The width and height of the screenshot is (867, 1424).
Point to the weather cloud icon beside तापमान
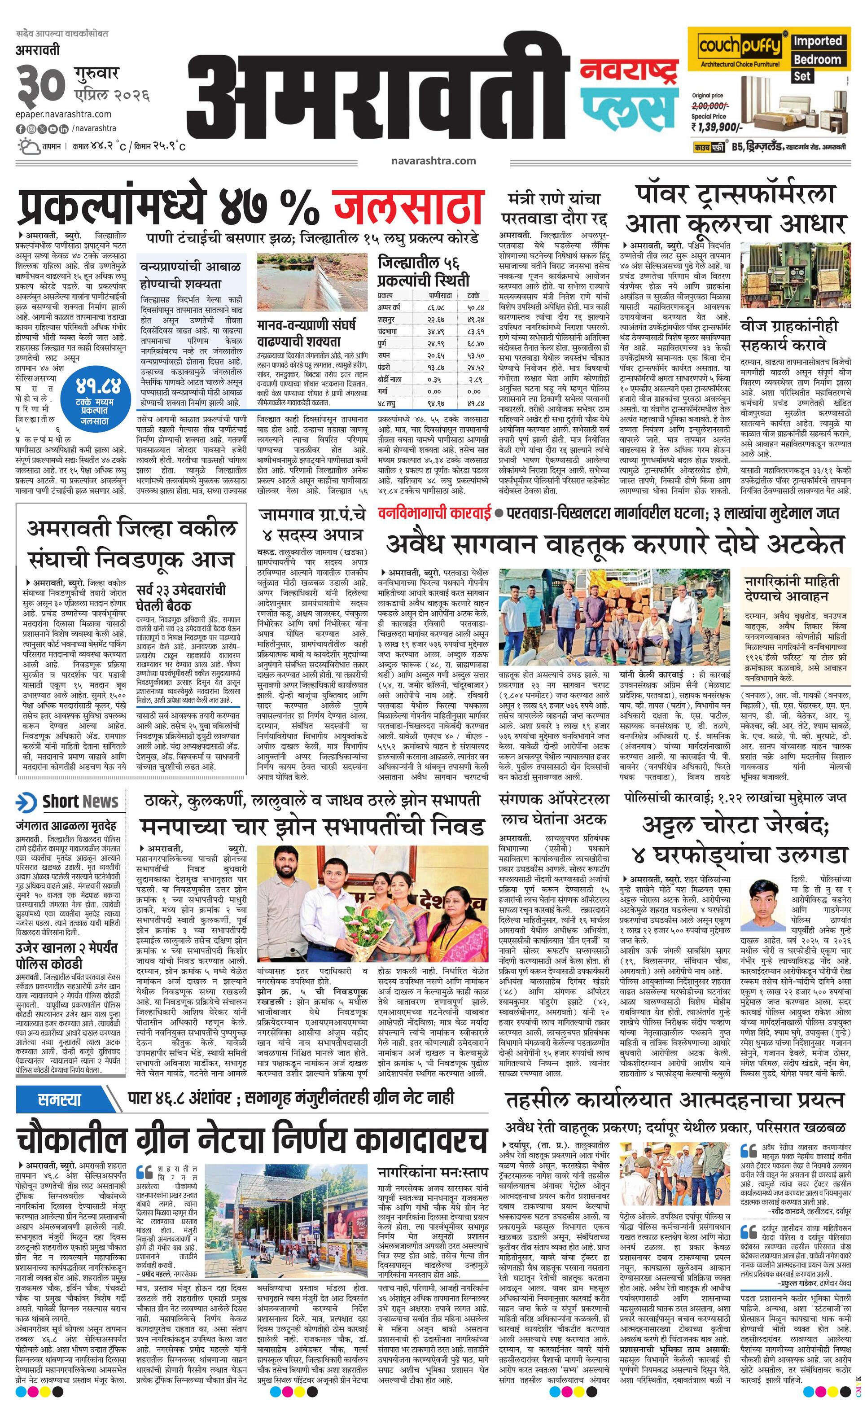click(x=28, y=146)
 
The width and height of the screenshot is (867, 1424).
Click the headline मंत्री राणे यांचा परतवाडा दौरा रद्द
click(x=554, y=209)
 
